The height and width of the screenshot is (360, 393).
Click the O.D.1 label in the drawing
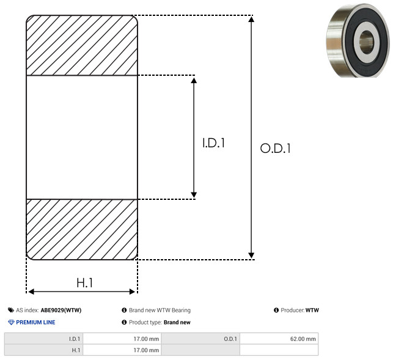[276, 148]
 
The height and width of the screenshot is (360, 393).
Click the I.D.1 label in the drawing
[213, 142]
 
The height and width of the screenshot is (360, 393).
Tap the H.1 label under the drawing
[85, 283]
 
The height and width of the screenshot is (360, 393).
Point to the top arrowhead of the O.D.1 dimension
[251, 19]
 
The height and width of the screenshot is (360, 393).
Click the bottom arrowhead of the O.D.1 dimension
[251, 255]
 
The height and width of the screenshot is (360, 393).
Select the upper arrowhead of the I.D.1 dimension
[194, 80]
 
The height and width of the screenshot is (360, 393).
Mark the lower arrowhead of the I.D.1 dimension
[194, 194]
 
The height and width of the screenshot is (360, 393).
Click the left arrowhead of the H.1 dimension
[31, 292]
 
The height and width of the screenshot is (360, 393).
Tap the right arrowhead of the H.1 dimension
[132, 292]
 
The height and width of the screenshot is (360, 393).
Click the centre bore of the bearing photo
[366, 42]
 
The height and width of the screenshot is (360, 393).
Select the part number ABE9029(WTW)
[61, 310]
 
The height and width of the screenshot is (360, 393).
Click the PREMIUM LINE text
[35, 322]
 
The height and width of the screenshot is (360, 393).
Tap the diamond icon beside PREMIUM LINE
[11, 322]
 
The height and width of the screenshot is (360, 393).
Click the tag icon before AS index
[11, 310]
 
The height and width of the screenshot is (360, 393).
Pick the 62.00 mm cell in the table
[303, 339]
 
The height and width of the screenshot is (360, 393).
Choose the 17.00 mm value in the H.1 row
[146, 350]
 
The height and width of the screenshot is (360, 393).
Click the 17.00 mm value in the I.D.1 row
[146, 339]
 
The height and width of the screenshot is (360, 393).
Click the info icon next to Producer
[276, 310]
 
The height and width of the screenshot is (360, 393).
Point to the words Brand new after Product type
[177, 322]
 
